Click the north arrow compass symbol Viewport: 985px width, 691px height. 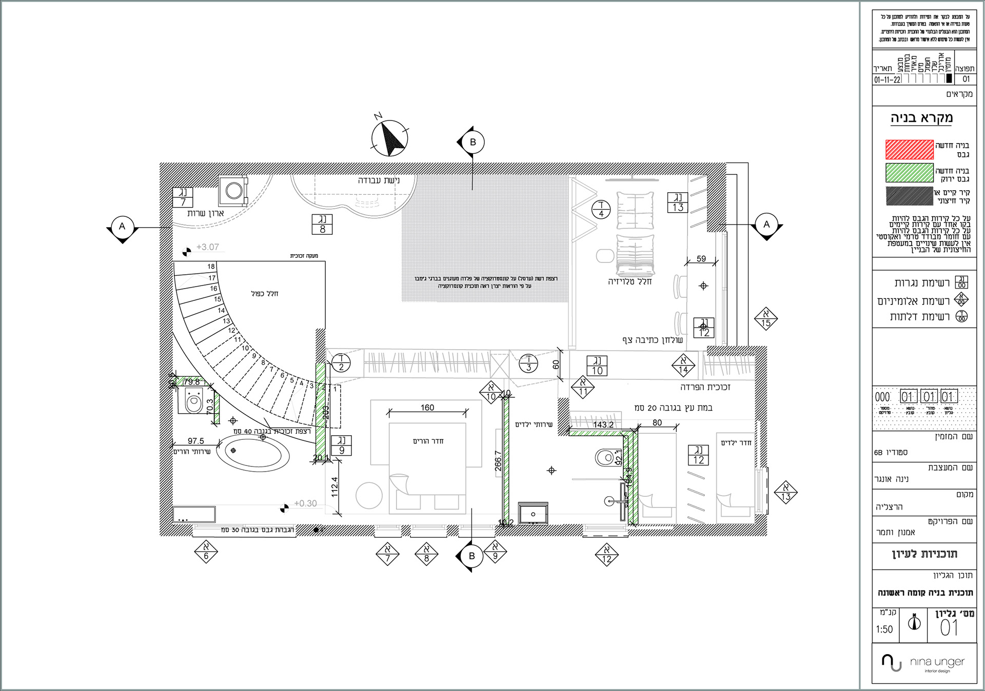tap(389, 138)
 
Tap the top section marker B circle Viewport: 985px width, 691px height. tap(472, 142)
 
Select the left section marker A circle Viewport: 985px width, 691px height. tap(122, 227)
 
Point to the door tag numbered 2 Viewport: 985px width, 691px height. tap(341, 363)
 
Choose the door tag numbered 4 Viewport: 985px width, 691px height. tap(601, 210)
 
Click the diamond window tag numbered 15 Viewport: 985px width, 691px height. tap(766, 319)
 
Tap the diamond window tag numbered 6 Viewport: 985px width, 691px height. tap(206, 553)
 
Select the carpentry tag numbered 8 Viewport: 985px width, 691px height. tap(322, 225)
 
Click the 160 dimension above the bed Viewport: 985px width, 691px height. tap(427, 408)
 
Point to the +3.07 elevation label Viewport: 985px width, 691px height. tap(207, 247)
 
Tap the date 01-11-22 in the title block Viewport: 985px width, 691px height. tap(887, 80)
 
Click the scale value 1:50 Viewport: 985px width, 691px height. tap(884, 629)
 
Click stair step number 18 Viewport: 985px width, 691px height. tap(211, 267)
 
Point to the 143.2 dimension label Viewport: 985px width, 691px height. tap(603, 425)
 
